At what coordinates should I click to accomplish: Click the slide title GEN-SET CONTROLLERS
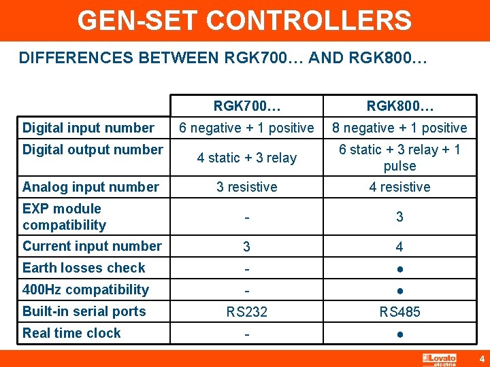point(244,20)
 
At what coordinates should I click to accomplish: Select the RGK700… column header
point(246,107)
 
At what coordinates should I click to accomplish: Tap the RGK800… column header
point(399,107)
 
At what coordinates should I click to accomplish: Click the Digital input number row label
point(88,128)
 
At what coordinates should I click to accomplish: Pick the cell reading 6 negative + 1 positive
point(246,128)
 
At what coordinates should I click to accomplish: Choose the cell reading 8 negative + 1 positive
point(399,128)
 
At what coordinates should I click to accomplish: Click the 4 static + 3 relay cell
point(246,158)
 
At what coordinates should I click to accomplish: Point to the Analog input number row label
point(91,187)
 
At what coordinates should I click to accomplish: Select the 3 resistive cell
point(246,187)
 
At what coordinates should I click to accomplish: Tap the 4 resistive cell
point(399,187)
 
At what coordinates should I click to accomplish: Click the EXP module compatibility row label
point(64,217)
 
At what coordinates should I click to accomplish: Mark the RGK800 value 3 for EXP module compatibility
point(399,217)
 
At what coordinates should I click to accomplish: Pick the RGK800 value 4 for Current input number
point(399,247)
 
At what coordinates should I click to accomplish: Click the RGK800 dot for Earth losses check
point(399,269)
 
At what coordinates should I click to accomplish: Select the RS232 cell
point(246,312)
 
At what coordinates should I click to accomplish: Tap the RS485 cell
point(399,312)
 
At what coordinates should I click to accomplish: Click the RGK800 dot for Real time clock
point(399,334)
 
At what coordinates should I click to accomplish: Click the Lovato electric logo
point(439,359)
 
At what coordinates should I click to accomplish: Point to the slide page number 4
point(480,358)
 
